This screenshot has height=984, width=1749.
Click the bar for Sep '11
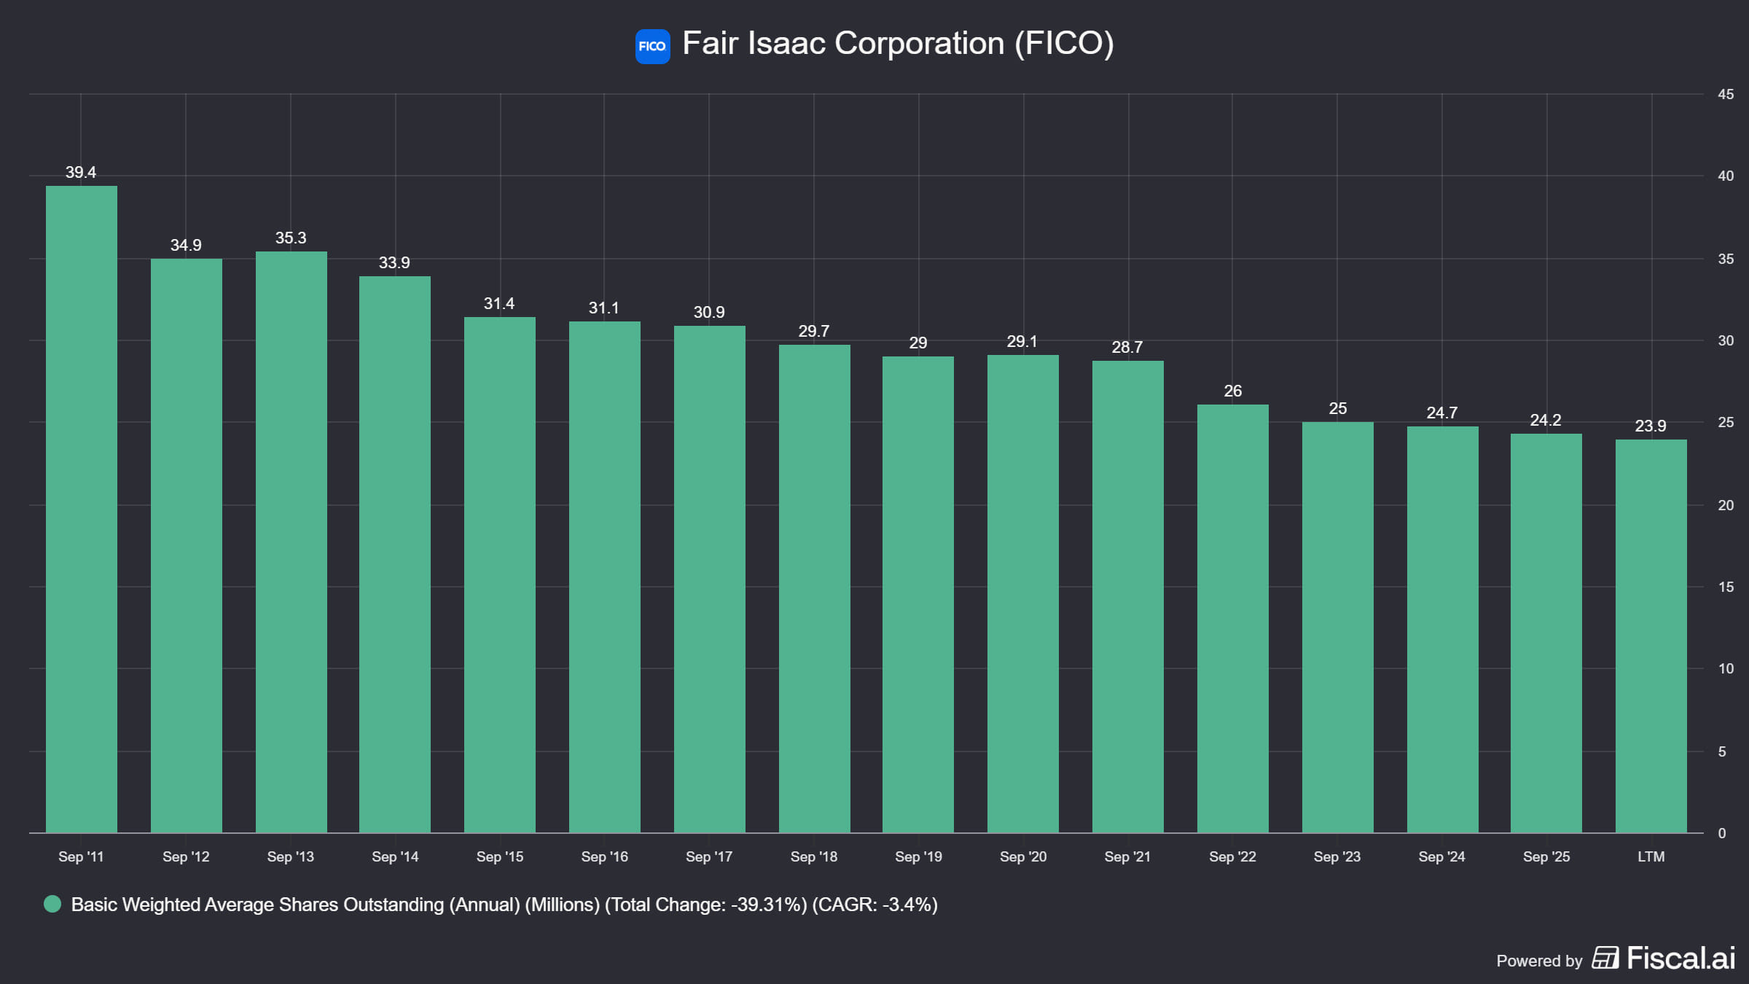pyautogui.click(x=82, y=509)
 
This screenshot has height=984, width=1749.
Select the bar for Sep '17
pyautogui.click(x=710, y=579)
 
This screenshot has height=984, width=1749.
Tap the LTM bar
pyautogui.click(x=1651, y=636)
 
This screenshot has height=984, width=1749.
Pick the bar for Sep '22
pyautogui.click(x=1233, y=618)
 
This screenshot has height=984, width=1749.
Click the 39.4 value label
pyautogui.click(x=81, y=172)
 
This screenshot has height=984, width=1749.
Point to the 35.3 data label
pyautogui.click(x=291, y=238)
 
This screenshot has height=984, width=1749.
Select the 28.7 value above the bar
pyautogui.click(x=1127, y=347)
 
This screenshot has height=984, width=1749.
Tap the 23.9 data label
pyautogui.click(x=1651, y=426)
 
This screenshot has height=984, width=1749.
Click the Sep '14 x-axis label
pyautogui.click(x=395, y=856)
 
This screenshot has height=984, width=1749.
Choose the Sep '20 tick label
pyautogui.click(x=1023, y=856)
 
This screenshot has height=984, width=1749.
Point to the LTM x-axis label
pyautogui.click(x=1651, y=856)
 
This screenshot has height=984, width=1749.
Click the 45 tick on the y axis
pyautogui.click(x=1726, y=94)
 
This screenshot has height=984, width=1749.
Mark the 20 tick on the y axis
pyautogui.click(x=1726, y=505)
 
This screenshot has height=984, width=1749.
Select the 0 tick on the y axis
pyautogui.click(x=1722, y=833)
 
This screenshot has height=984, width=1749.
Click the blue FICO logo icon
pyautogui.click(x=652, y=46)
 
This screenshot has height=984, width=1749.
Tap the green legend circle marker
pyautogui.click(x=52, y=905)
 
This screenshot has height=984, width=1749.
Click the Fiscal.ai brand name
pyautogui.click(x=1681, y=958)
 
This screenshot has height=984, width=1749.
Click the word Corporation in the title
pyautogui.click(x=920, y=44)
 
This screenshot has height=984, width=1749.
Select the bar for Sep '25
pyautogui.click(x=1546, y=633)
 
